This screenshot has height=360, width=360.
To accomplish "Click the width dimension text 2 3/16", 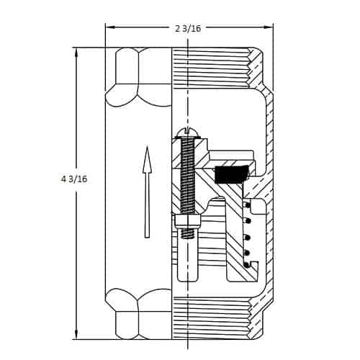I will coord(188,28).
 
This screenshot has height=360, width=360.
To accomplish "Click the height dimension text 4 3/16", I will coord(74,179).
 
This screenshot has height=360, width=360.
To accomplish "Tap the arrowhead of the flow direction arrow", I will coord(147,160).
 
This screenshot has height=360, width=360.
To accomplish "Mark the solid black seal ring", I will coord(231,174).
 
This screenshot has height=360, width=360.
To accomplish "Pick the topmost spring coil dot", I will coord(247,205).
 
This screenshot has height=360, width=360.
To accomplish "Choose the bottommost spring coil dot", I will coord(247,265).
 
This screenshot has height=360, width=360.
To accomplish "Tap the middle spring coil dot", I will coord(247,237).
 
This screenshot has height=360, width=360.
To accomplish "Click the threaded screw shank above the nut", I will coord(187,176).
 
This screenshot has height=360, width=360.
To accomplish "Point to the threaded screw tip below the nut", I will coord(187,233).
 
